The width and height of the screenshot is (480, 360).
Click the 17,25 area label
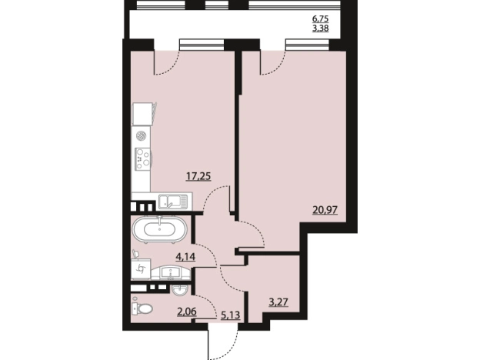(x=198, y=176)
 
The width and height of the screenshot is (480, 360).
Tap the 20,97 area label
(x=325, y=210)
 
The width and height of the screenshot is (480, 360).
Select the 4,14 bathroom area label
(x=185, y=256)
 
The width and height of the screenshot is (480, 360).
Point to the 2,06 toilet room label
(x=186, y=312)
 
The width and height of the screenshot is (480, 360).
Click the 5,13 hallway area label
(x=230, y=315)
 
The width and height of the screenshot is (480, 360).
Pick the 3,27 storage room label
(x=278, y=302)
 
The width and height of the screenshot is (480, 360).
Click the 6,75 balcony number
(x=321, y=18)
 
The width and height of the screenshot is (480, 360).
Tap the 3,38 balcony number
(x=321, y=29)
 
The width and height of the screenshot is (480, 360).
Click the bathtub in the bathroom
(x=160, y=229)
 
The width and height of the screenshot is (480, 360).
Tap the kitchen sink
(x=172, y=202)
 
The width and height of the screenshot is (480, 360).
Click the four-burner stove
(x=143, y=159)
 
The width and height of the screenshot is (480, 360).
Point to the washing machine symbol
(x=142, y=268)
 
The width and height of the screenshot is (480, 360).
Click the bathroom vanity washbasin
(x=171, y=272)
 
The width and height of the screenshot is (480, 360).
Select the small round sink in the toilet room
(x=182, y=289)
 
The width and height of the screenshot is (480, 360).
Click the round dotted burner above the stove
(x=141, y=135)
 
